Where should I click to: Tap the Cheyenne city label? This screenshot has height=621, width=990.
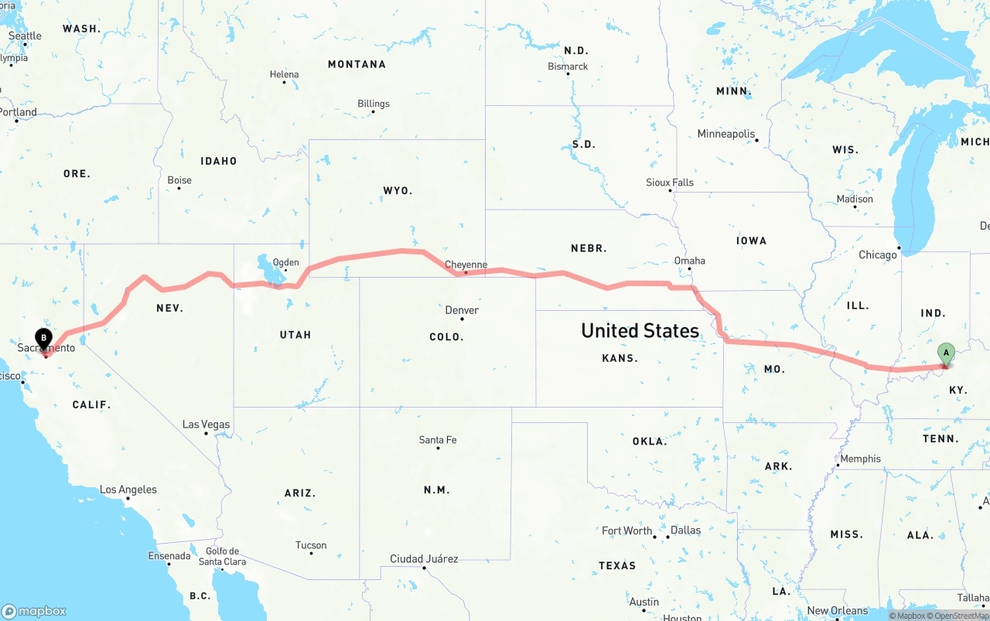[x=466, y=264]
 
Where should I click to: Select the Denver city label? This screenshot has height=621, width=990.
[x=462, y=310]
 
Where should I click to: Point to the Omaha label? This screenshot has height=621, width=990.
[x=689, y=261]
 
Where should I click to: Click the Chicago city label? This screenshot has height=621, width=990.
[x=877, y=254]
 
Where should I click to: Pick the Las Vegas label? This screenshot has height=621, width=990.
[x=206, y=424]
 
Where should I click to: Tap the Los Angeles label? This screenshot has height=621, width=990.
[x=128, y=490]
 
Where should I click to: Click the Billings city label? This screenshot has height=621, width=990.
[x=374, y=104]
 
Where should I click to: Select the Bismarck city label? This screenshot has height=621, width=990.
[x=568, y=67]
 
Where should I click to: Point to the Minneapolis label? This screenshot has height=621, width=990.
[x=725, y=134]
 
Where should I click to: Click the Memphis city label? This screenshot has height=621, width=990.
[x=860, y=459]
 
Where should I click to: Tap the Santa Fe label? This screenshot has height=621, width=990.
[x=438, y=440]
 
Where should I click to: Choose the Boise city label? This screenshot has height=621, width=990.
[x=179, y=180]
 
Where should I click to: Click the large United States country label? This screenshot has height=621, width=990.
[x=640, y=331]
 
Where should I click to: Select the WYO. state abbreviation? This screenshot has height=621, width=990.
[x=398, y=190]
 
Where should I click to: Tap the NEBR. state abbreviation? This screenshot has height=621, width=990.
[x=589, y=248]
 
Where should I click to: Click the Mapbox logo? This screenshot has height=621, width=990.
[x=34, y=611]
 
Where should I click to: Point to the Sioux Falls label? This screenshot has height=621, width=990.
[x=670, y=183]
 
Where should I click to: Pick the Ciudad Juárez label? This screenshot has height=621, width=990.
[x=424, y=559]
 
